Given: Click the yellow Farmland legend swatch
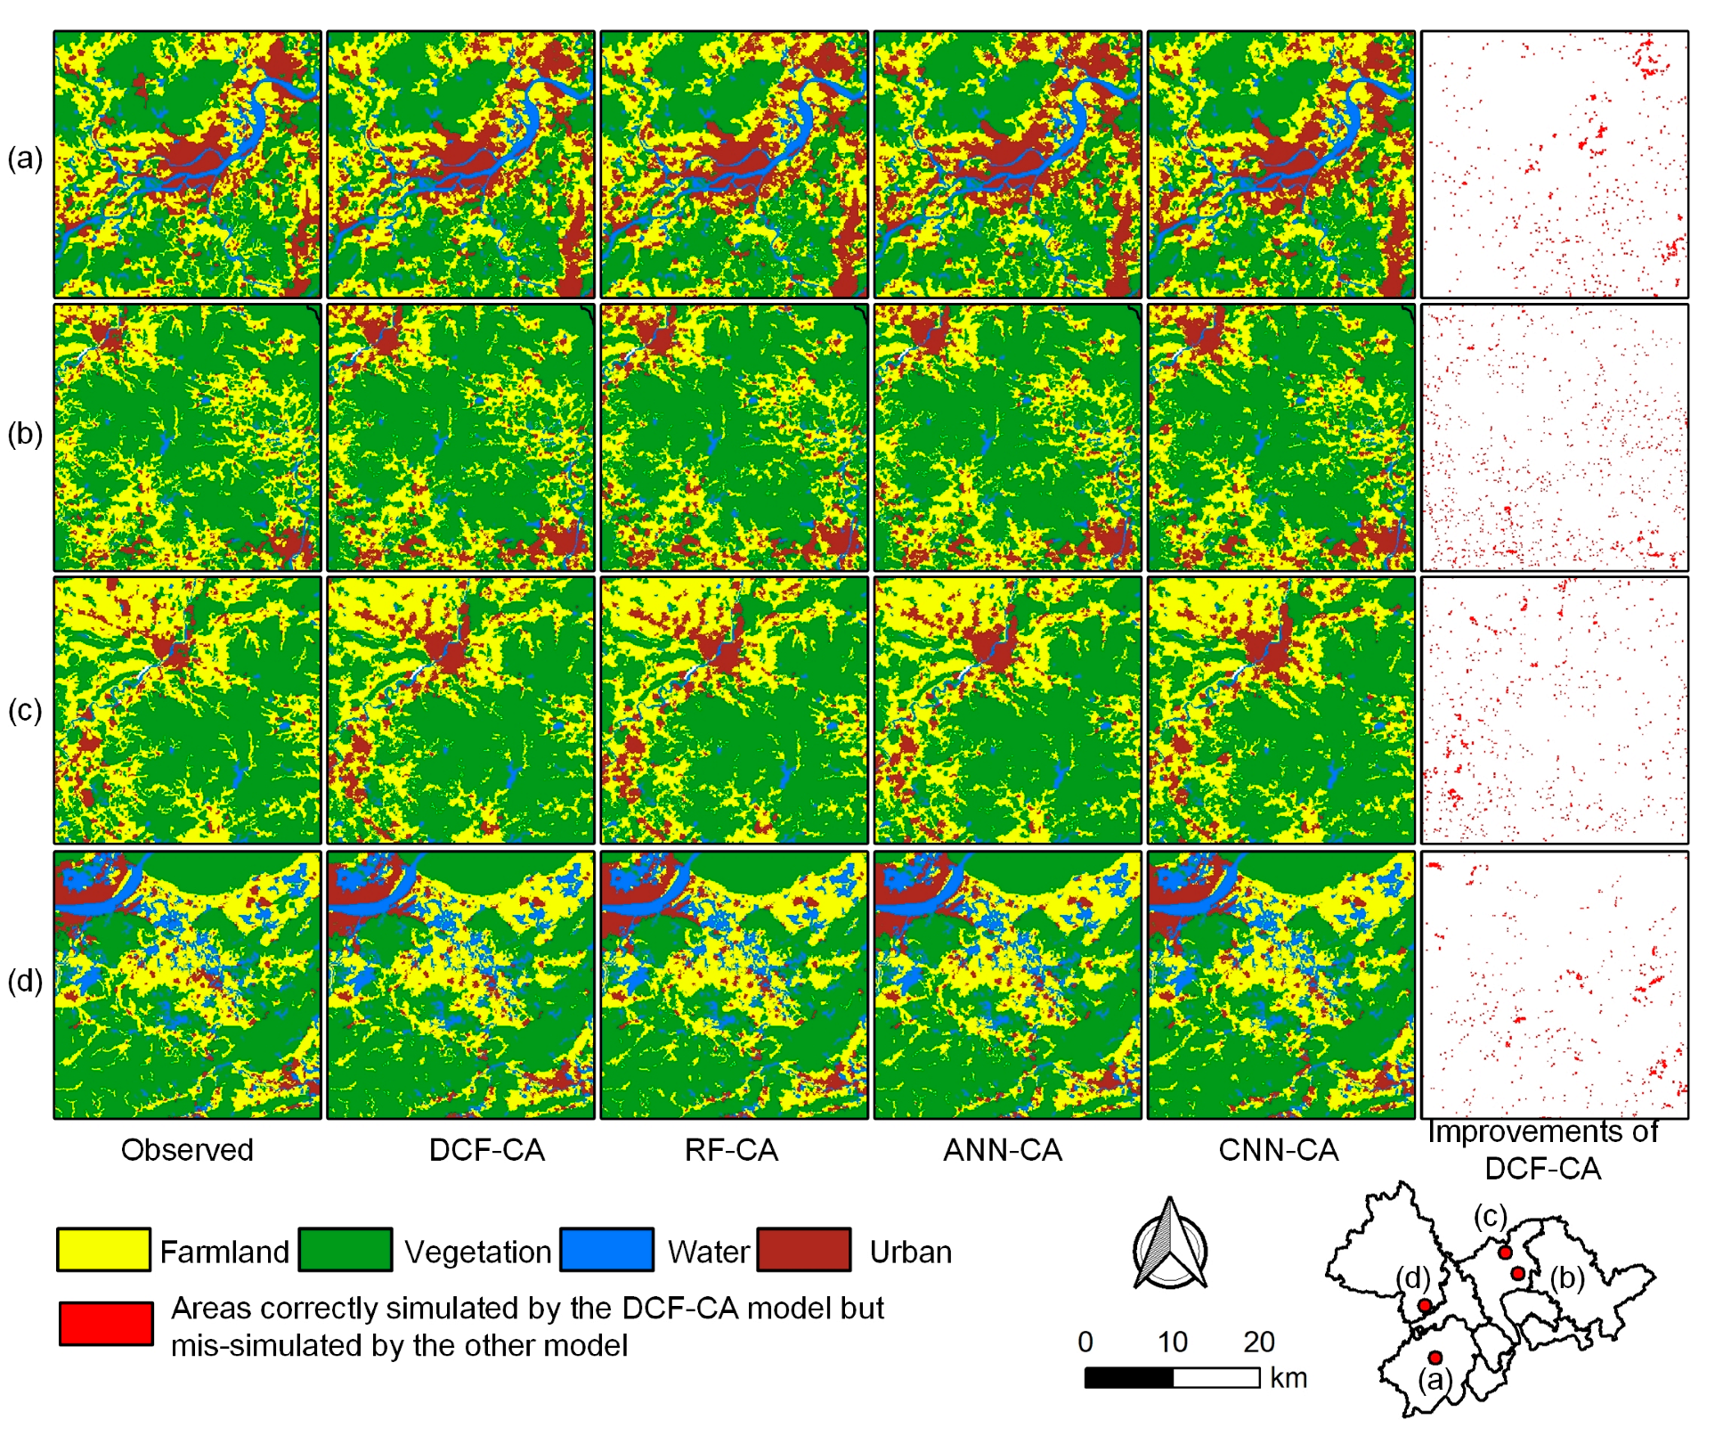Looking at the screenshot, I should point(103,1249).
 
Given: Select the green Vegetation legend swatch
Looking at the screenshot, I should point(345,1249).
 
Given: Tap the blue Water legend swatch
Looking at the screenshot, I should point(606,1249).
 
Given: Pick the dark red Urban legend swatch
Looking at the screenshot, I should point(804,1249).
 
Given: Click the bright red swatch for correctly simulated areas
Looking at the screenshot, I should point(106,1323).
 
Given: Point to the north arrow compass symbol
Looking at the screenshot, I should point(1170,1244).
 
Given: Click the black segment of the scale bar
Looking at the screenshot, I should point(1128,1377).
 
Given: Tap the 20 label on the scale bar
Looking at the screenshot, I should point(1258,1341).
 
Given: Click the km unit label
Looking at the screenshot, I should point(1288,1377).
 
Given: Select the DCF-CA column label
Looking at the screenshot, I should point(486,1149).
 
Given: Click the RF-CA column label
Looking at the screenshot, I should point(731,1149).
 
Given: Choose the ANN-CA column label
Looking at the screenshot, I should point(1003,1149).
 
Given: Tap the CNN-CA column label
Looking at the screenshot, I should point(1278,1149).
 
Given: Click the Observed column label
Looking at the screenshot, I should point(187,1149).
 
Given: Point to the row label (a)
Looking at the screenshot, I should point(25,158).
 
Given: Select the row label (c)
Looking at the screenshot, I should point(25,710).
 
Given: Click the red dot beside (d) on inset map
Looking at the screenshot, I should point(1425,1305).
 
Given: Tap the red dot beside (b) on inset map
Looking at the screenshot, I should point(1518,1274).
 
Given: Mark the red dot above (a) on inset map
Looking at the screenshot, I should point(1435,1358).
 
